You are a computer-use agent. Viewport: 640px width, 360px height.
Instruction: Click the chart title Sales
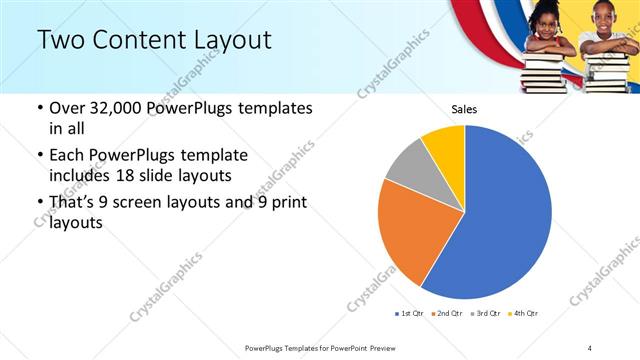(x=464, y=108)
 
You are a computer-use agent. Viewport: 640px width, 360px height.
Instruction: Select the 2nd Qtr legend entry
(x=446, y=314)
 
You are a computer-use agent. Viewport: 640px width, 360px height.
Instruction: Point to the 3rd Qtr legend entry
(x=486, y=314)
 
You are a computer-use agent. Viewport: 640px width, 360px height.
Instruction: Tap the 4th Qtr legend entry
(x=523, y=314)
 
